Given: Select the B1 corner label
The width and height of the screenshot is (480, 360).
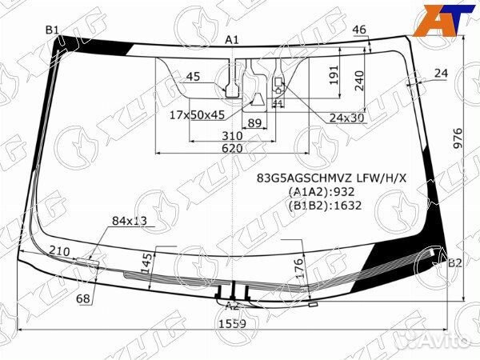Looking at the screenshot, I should point(53,30).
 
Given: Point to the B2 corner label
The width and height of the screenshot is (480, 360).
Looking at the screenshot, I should point(454,262).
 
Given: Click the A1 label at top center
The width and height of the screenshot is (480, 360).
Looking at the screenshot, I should point(232,39).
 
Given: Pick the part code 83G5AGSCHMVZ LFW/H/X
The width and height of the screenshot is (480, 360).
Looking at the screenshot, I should point(331,178).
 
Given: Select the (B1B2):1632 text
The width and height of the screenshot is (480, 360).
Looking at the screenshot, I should point(325,205).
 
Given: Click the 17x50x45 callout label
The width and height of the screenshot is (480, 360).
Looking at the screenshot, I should point(197,114).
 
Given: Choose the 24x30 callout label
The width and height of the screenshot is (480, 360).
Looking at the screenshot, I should point(346,118).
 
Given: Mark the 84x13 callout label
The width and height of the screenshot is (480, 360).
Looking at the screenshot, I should point(130,220).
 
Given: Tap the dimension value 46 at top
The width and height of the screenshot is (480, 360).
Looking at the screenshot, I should point(359,30).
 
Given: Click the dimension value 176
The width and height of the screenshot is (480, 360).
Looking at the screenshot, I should point(298,265).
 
